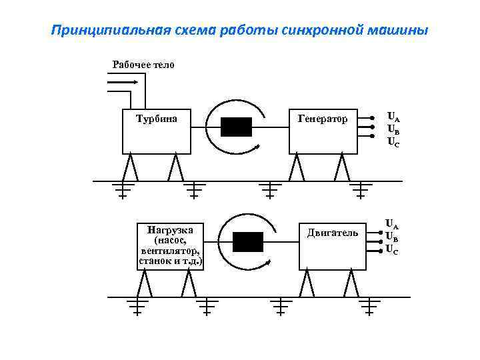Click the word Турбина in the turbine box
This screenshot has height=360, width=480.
pyautogui.click(x=157, y=119)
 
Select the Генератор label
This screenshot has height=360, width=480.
pyautogui.click(x=323, y=119)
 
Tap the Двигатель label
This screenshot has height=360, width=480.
pyautogui.click(x=333, y=233)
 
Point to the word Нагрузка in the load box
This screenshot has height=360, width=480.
pyautogui.click(x=170, y=230)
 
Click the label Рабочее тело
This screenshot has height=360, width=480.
pyautogui.click(x=143, y=65)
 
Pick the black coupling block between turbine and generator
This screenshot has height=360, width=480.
pyautogui.click(x=236, y=127)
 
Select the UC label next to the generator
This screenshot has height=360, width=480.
pyautogui.click(x=393, y=141)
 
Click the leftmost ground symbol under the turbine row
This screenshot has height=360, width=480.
pyautogui.click(x=123, y=191)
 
